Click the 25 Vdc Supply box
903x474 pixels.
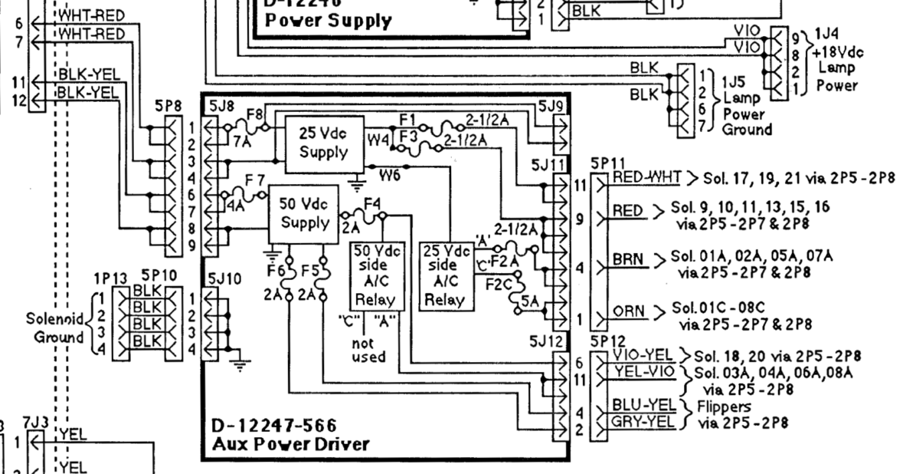tap(322, 144)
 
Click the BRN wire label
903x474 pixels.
tap(628, 261)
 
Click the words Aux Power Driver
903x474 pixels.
tap(290, 443)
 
